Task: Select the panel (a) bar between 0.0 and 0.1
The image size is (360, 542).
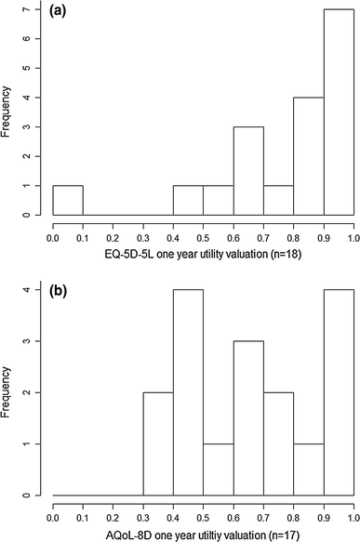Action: [67, 201]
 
